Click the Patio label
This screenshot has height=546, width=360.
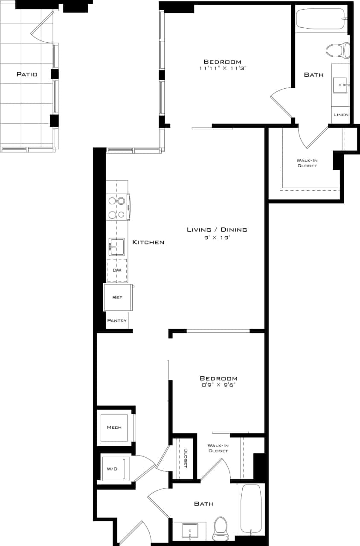tap(27, 74)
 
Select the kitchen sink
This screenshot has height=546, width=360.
tap(116, 247)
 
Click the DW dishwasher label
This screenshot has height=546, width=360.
tap(116, 270)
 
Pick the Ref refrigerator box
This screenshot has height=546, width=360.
tap(117, 297)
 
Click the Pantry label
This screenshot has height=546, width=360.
tap(117, 320)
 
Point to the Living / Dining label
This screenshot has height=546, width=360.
tap(217, 229)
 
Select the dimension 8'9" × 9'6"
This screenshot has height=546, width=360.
tap(218, 385)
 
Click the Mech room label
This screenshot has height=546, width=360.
tap(114, 427)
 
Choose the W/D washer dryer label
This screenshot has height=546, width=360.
tap(112, 469)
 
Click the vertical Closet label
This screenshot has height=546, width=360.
tap(186, 458)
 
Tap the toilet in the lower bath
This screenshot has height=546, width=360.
tap(221, 527)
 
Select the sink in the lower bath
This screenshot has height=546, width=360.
tap(189, 531)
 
